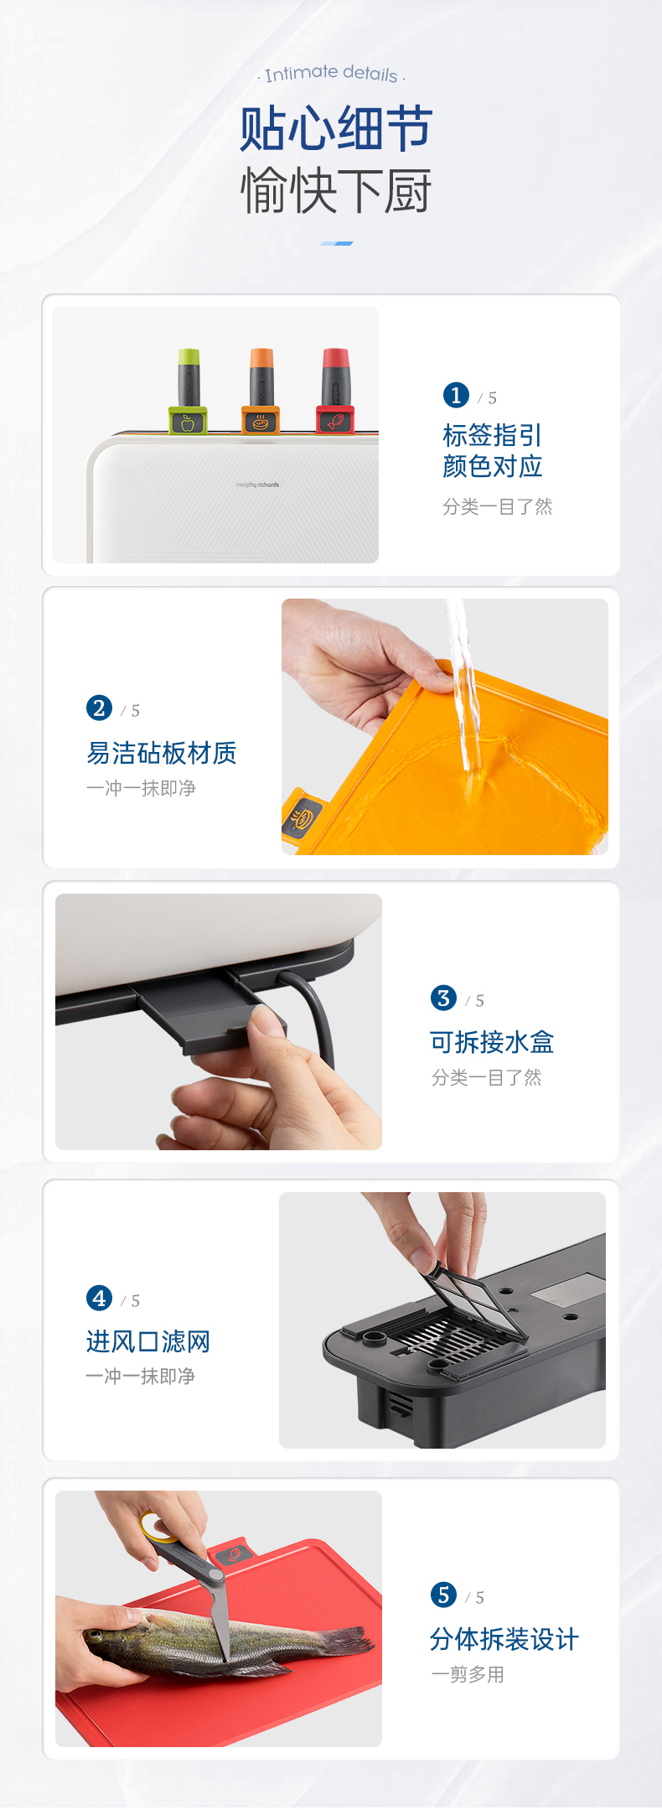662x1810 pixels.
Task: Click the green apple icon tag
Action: coord(188,421)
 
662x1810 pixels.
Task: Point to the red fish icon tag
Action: coord(335,420)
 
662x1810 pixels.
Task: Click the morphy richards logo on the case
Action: coord(257,485)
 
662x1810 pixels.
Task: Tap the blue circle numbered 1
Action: coord(456,395)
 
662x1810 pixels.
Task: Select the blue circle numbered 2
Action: coord(99,708)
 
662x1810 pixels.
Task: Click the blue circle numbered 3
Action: coord(443,998)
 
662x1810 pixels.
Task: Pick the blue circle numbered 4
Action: coord(99,1298)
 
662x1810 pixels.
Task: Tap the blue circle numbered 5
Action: coord(443,1595)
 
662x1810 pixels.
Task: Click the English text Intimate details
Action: coord(331,74)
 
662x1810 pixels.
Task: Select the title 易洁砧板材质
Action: coord(161,753)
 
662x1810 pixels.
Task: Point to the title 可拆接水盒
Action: coord(492,1042)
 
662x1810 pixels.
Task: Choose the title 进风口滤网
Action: coord(147,1341)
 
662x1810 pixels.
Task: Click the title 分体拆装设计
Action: coord(504,1639)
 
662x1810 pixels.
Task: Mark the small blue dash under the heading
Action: coord(337,243)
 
